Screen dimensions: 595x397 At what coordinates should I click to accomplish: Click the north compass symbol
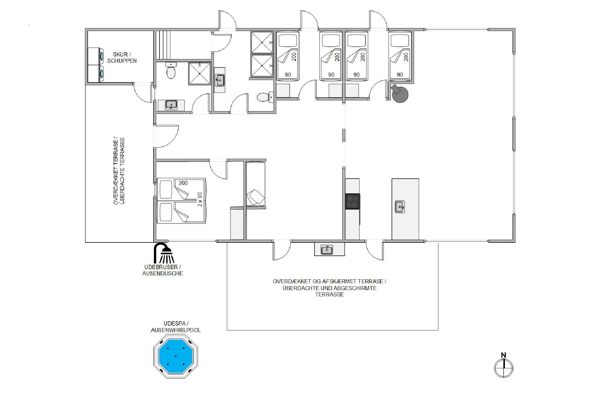[504, 368]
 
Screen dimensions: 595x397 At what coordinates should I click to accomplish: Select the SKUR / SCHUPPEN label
[122, 58]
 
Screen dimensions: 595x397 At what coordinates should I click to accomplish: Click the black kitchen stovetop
[352, 202]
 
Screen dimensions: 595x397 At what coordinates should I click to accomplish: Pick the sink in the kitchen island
[400, 207]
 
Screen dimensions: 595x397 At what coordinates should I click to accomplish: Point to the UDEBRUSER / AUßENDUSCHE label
[163, 270]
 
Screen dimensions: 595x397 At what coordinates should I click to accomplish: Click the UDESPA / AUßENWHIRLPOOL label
[176, 327]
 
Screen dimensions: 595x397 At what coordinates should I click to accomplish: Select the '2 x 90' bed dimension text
[200, 199]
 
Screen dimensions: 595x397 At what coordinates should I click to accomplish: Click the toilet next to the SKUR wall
[171, 71]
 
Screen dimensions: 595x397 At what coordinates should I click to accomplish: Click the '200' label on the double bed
[183, 183]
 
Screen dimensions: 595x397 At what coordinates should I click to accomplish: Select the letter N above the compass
[503, 355]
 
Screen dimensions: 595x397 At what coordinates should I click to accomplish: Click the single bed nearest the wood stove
[399, 56]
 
